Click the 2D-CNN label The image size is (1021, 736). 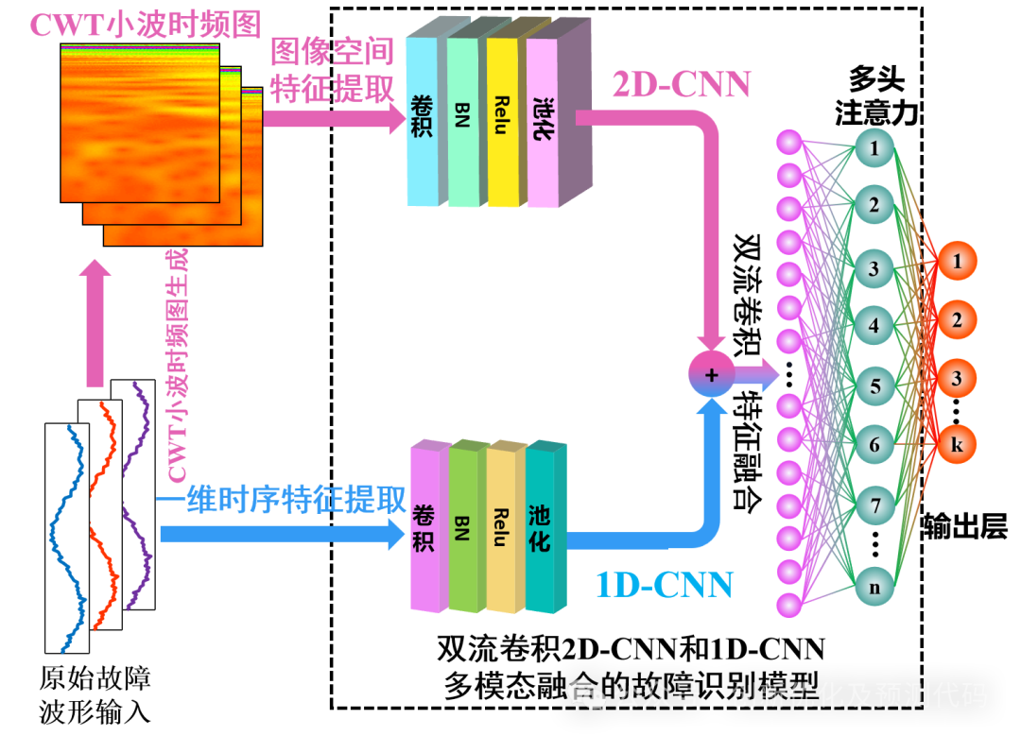(682, 86)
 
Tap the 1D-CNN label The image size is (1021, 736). (664, 586)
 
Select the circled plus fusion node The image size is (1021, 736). (712, 374)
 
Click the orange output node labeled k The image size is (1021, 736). (957, 444)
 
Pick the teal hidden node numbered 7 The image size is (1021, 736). (875, 505)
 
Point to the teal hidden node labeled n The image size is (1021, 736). (875, 587)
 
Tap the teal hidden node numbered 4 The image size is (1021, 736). (875, 326)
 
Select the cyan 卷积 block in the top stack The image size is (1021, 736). (422, 121)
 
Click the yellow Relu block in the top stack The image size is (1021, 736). (502, 121)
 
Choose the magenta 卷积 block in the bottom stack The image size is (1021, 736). (425, 526)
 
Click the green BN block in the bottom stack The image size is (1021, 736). (463, 526)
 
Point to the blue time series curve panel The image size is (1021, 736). (67, 538)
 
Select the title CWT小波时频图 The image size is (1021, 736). (145, 26)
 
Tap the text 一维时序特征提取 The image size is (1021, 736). (282, 501)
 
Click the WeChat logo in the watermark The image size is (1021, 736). (586, 696)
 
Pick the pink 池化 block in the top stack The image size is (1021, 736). (543, 121)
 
